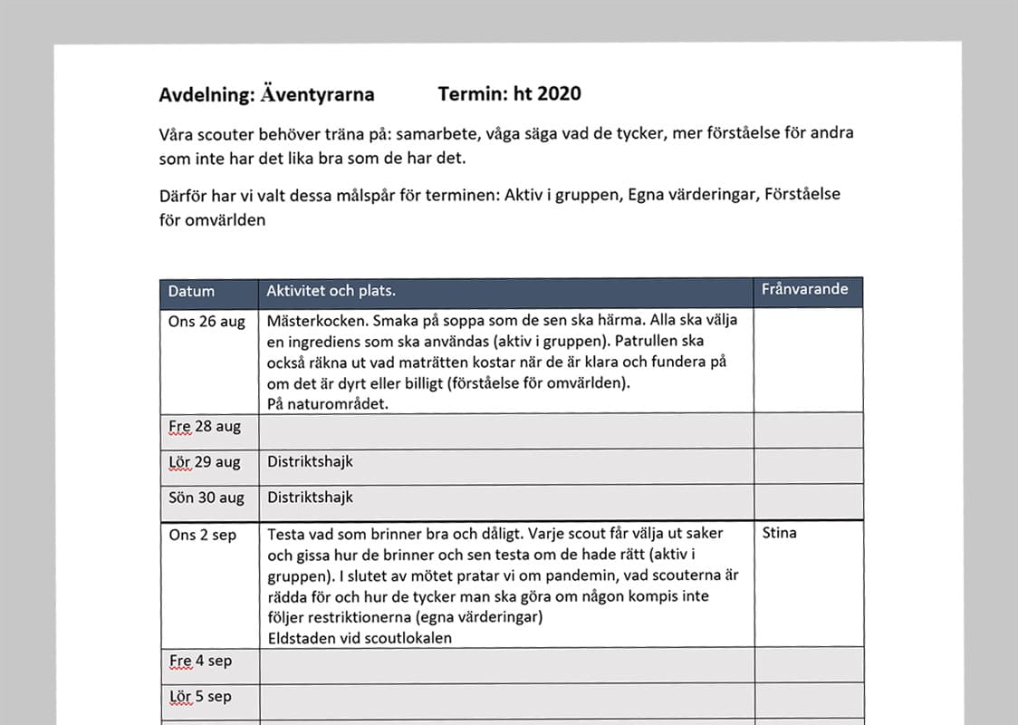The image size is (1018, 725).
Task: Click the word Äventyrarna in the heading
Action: (x=316, y=94)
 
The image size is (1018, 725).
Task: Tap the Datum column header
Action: (x=191, y=292)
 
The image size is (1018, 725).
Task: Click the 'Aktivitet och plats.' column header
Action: (x=331, y=291)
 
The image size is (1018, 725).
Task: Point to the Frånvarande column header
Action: (x=805, y=289)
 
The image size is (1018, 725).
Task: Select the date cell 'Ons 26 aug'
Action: (x=206, y=322)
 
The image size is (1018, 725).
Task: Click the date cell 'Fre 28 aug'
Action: (x=205, y=427)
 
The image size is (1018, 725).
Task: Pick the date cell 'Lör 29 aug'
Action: (x=205, y=462)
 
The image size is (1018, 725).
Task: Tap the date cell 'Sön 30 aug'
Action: (x=206, y=498)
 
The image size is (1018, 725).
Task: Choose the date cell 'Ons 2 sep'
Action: (x=202, y=536)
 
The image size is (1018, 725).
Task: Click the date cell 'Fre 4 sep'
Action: (x=200, y=661)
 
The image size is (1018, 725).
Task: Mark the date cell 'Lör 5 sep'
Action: (x=200, y=697)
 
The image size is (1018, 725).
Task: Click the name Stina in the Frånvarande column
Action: (x=780, y=533)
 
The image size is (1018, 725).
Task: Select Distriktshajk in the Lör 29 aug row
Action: (x=310, y=461)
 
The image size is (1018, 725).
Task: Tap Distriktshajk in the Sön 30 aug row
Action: (x=310, y=497)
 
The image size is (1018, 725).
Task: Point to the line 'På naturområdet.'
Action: (x=328, y=404)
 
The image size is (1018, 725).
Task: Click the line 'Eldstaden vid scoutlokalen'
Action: (x=360, y=638)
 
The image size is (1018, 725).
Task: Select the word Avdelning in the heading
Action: (x=202, y=94)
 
